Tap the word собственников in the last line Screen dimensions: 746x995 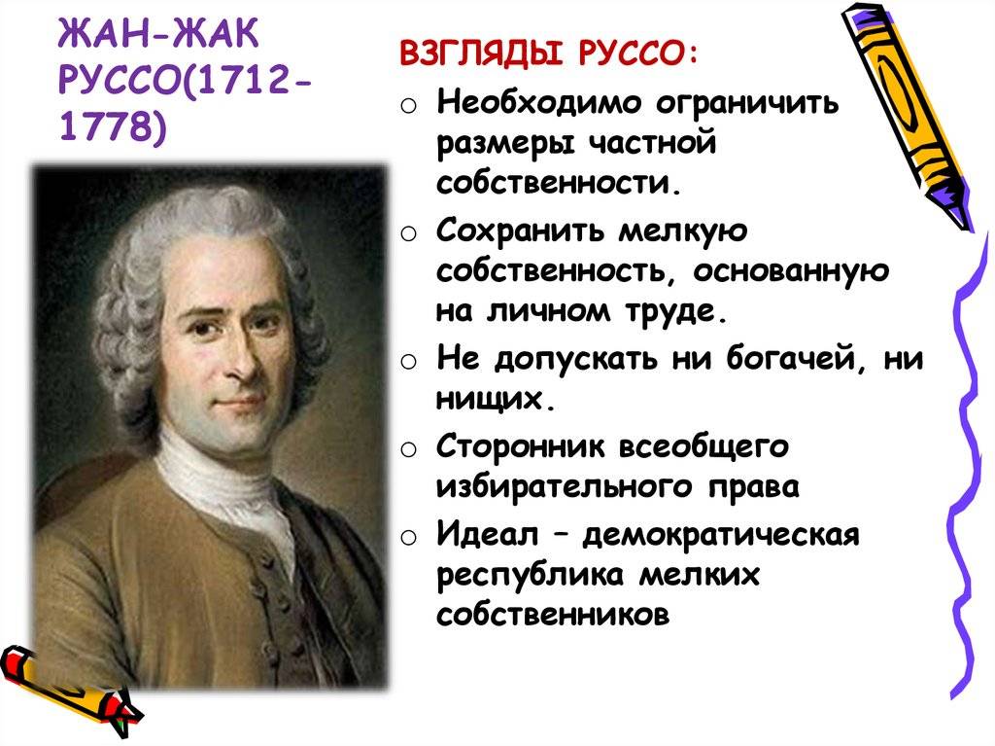pyautogui.click(x=554, y=616)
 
